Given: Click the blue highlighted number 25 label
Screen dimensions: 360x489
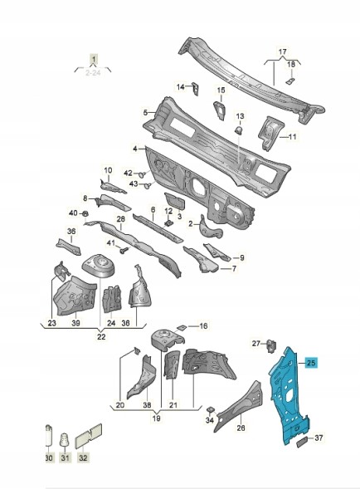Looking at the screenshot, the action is click(x=311, y=363).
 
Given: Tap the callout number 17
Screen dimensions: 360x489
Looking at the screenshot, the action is click(x=282, y=51).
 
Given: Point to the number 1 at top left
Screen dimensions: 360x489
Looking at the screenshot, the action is click(x=94, y=59).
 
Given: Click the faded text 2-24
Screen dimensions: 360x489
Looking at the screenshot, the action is click(x=93, y=73).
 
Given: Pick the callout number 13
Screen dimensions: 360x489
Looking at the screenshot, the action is click(x=241, y=116).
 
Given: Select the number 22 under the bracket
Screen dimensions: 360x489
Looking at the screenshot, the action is click(x=101, y=337).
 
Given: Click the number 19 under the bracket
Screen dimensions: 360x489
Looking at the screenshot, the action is click(x=157, y=418).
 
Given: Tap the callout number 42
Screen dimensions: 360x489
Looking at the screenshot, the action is click(x=128, y=174).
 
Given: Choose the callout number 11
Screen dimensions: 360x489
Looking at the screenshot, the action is click(x=293, y=137).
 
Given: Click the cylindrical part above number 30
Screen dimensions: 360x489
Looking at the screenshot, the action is click(x=48, y=434).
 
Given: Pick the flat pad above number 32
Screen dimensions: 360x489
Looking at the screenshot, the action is click(x=89, y=436).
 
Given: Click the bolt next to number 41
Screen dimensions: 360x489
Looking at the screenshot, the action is click(x=124, y=250).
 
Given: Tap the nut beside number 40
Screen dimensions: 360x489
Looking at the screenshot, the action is click(x=85, y=213).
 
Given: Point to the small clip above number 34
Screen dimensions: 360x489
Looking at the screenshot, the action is click(x=210, y=408).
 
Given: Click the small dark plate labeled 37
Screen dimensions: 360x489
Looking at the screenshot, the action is click(x=302, y=442).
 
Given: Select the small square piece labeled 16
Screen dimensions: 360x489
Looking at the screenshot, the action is click(x=181, y=327).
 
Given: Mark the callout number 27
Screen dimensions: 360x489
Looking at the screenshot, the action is click(x=256, y=344).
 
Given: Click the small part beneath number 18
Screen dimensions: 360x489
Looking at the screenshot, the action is click(x=289, y=81).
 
